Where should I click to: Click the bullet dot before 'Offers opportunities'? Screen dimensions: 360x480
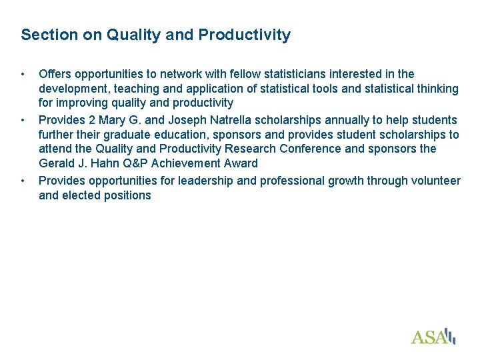[x=23, y=74]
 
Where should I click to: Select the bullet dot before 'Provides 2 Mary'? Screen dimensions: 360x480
[x=23, y=120]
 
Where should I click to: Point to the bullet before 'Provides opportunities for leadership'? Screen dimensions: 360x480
[x=23, y=181]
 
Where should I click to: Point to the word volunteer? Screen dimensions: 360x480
[x=435, y=181]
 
